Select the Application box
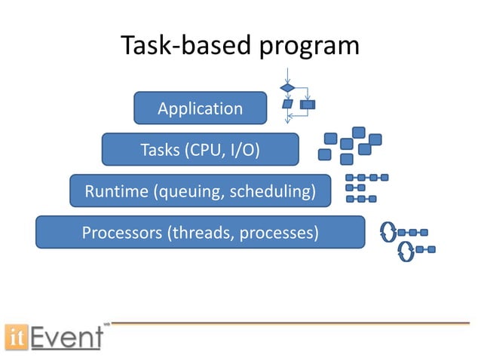pyautogui.click(x=200, y=108)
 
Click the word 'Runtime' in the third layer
pyautogui.click(x=116, y=191)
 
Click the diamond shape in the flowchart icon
pyautogui.click(x=288, y=88)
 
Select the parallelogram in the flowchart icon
pyautogui.click(x=287, y=104)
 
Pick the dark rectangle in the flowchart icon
pyautogui.click(x=308, y=104)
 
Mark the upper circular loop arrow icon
pyautogui.click(x=389, y=232)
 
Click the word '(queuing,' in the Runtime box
pyautogui.click(x=185, y=191)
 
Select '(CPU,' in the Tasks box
pyautogui.click(x=203, y=150)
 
